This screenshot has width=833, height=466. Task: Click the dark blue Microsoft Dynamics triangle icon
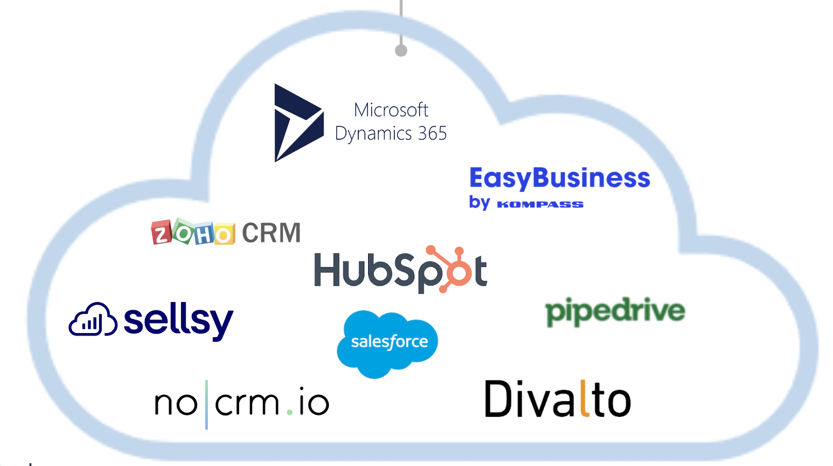(295, 123)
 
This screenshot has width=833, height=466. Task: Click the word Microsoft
(391, 110)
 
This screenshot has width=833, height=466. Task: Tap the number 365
(432, 134)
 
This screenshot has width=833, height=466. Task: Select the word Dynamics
(373, 134)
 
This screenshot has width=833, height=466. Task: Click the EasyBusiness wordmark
(559, 178)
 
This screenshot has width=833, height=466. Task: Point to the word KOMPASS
(540, 205)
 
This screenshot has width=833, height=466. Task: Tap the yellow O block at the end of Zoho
(225, 235)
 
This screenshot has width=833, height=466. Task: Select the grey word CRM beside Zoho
(271, 233)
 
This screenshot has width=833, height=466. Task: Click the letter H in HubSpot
(327, 269)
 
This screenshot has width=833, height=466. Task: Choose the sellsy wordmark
(178, 321)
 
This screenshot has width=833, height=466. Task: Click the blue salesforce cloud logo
(387, 342)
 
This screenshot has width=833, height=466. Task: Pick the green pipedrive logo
(615, 311)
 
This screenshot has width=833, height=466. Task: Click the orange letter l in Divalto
(585, 398)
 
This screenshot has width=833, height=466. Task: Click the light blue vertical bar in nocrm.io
(207, 405)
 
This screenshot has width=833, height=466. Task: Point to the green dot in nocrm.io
(290, 412)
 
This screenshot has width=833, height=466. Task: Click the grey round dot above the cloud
(401, 51)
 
